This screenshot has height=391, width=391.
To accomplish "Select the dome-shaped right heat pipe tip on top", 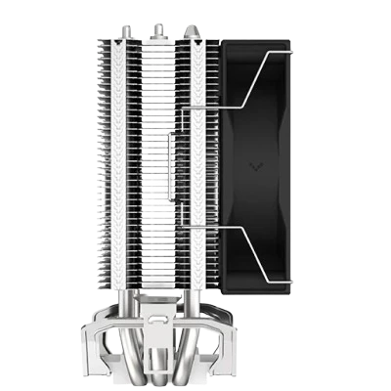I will click(x=197, y=30).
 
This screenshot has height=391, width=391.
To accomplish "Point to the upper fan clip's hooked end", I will click(x=289, y=47).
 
